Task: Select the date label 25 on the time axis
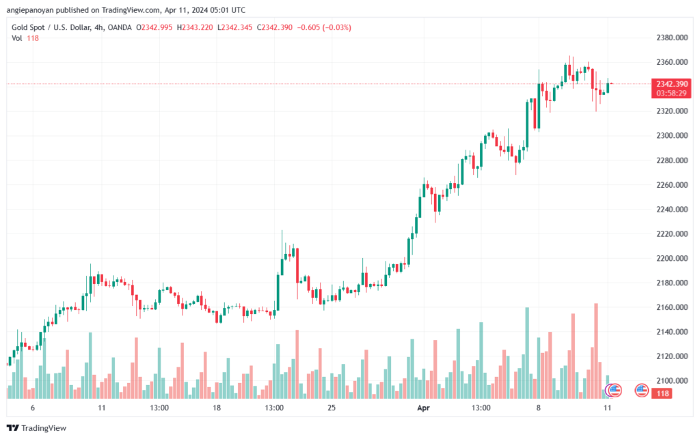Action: [332, 408]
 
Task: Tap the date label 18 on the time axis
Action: [217, 408]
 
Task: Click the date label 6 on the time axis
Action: [32, 408]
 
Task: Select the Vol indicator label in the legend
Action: [17, 38]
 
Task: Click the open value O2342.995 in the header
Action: [156, 27]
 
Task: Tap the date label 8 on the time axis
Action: [539, 408]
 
